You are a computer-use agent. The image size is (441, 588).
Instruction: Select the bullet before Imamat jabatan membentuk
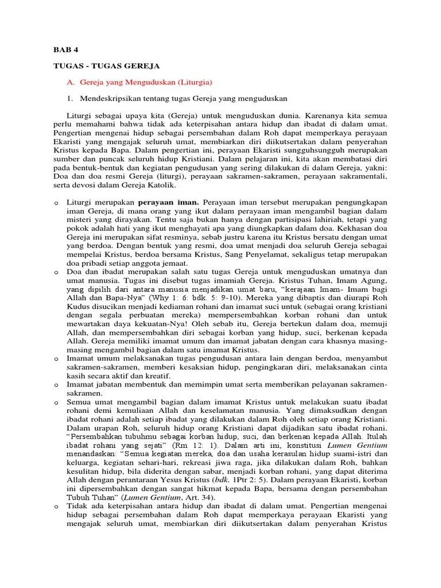point(55,385)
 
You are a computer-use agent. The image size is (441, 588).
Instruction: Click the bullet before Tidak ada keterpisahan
point(55,505)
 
